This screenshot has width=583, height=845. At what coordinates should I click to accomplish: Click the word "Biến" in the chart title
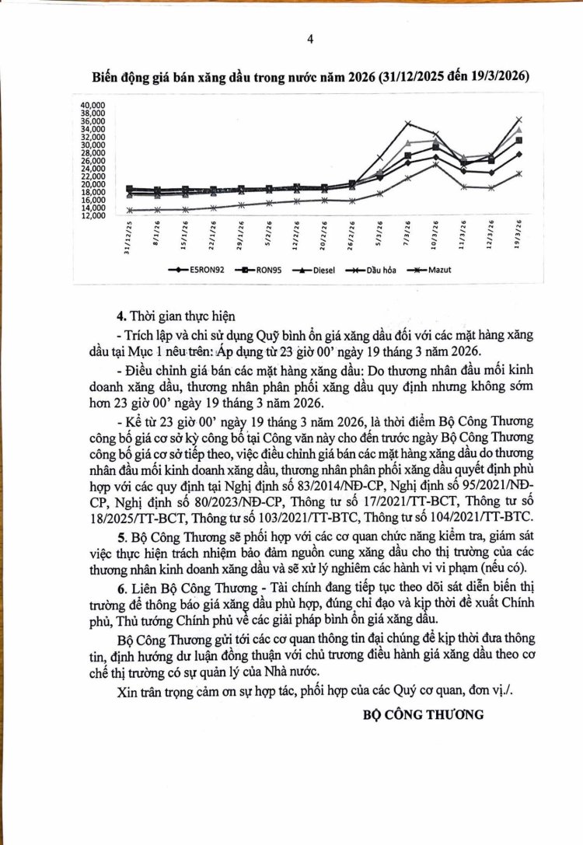tap(105, 78)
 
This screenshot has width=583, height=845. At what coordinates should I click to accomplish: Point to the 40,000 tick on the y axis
tap(93, 104)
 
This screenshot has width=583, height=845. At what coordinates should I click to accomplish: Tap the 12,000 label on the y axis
tap(93, 216)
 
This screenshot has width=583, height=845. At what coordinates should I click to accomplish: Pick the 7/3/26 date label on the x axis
tap(407, 231)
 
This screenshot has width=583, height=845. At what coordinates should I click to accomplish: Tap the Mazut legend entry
tap(431, 271)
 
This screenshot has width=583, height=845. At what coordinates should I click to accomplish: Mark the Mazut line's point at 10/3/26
tap(436, 164)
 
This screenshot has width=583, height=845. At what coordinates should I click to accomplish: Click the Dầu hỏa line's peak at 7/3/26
tap(407, 123)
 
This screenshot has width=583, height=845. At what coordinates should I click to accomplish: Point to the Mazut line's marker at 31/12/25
tap(129, 210)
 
